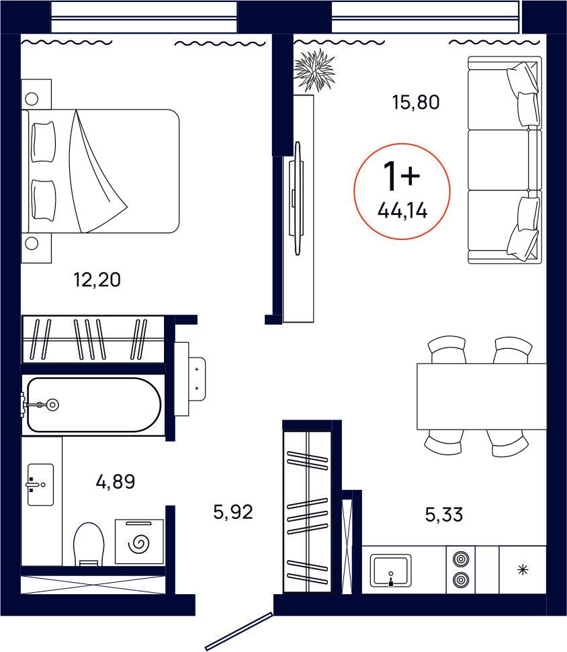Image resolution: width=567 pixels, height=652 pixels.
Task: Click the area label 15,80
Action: click(415, 103)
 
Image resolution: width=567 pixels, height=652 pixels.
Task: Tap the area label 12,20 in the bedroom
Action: click(97, 279)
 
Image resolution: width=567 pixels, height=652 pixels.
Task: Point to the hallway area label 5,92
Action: click(232, 513)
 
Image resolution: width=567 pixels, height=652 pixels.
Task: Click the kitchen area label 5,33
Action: click(444, 516)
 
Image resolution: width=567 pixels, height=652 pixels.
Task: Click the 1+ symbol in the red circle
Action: click(400, 176)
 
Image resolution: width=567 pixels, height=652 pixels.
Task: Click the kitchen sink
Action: click(390, 571)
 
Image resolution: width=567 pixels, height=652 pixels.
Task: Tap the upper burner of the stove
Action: click(460, 558)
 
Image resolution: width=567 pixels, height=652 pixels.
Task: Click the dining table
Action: click(481, 396)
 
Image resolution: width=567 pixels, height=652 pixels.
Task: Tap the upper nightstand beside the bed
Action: click(36, 95)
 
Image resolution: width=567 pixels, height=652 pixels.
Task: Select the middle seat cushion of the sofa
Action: click(504, 160)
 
